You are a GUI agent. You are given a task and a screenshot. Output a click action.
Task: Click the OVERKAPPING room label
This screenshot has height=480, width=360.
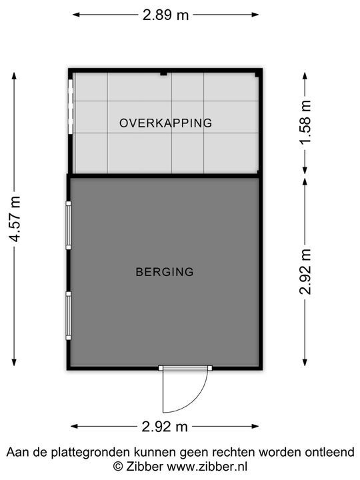click(165, 123)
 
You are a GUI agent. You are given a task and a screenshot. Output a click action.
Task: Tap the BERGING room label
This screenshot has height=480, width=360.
click(165, 272)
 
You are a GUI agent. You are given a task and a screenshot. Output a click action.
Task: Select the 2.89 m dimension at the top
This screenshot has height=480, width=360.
click(165, 15)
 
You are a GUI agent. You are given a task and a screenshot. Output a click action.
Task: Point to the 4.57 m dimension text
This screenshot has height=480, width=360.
click(15, 219)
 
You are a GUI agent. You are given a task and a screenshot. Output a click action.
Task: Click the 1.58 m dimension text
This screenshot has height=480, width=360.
click(305, 122)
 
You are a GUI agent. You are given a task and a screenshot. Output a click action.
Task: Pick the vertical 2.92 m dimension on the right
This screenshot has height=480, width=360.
click(305, 272)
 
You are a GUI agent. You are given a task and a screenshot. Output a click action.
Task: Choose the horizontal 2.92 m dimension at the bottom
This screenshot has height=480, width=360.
click(165, 427)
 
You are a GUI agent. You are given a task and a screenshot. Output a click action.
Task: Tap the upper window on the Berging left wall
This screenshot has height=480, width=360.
click(68, 225)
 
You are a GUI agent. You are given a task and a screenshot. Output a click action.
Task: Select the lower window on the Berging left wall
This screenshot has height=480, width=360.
click(68, 315)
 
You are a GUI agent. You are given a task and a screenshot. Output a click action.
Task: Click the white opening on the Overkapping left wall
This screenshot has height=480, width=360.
click(71, 107)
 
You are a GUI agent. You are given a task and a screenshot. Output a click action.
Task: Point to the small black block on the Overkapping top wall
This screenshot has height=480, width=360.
click(164, 73)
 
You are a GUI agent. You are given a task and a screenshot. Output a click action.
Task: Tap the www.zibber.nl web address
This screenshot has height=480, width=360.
click(207, 466)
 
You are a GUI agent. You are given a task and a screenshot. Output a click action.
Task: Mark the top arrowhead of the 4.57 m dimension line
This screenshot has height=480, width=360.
click(14, 76)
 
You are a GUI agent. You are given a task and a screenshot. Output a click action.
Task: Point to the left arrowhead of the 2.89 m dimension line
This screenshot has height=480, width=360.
click(76, 15)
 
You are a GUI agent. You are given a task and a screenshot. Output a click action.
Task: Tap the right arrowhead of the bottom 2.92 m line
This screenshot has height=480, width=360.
click(255, 426)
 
